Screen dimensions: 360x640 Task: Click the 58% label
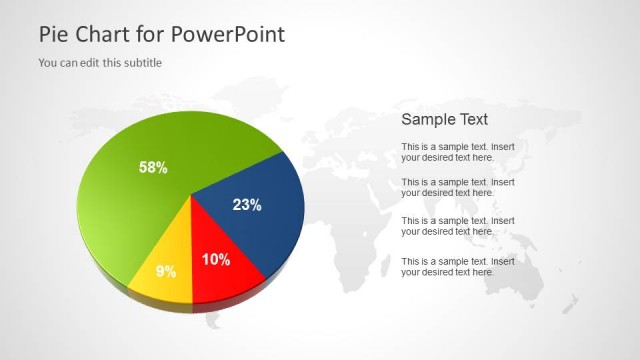pos(153,168)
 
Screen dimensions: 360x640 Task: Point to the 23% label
pos(247,205)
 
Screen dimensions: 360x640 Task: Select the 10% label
pos(216,260)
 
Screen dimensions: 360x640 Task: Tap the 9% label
pos(166,271)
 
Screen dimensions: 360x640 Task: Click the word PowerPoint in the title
pos(228,34)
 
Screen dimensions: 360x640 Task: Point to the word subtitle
pos(141,63)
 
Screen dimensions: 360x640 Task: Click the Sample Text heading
pos(445,119)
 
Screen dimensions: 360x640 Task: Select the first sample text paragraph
pos(458,152)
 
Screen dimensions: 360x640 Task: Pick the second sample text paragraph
pos(458,187)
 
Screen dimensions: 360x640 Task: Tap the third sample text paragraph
pos(458,226)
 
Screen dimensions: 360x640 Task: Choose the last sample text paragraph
pos(458,266)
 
